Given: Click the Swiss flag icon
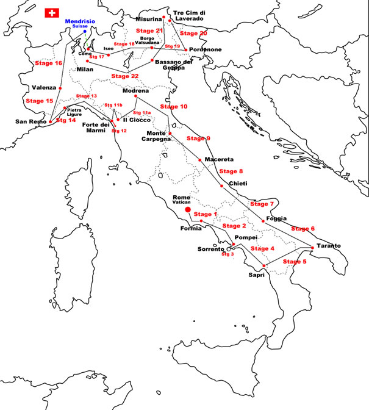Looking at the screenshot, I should click(52, 13).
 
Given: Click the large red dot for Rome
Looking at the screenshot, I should click(188, 209).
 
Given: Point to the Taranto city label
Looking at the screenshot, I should click(328, 246).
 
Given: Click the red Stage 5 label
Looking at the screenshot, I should click(296, 261).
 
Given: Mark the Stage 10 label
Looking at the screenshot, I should click(173, 106).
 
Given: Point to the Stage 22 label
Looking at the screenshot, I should click(125, 76).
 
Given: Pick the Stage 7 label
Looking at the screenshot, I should click(263, 203).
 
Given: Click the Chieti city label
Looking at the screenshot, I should click(238, 184).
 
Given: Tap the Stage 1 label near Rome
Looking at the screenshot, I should click(205, 214).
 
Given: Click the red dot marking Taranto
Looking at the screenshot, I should click(313, 247).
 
